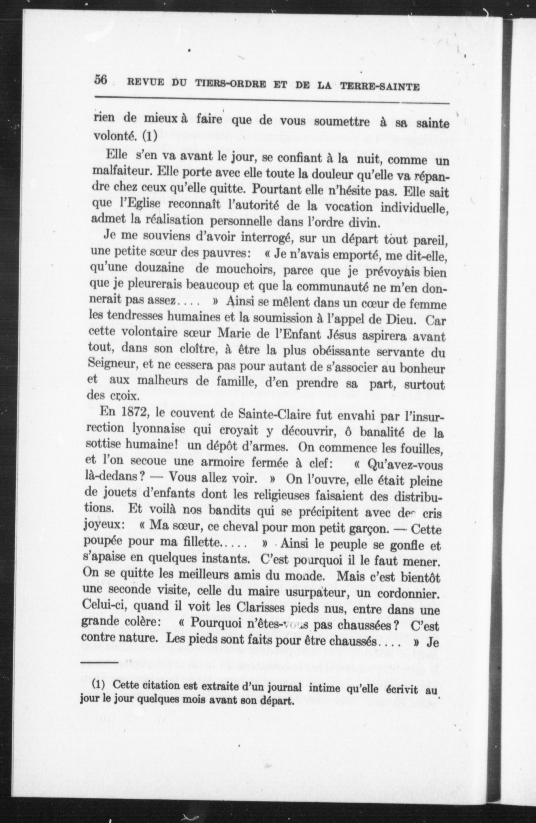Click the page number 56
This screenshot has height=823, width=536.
[x=101, y=80]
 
